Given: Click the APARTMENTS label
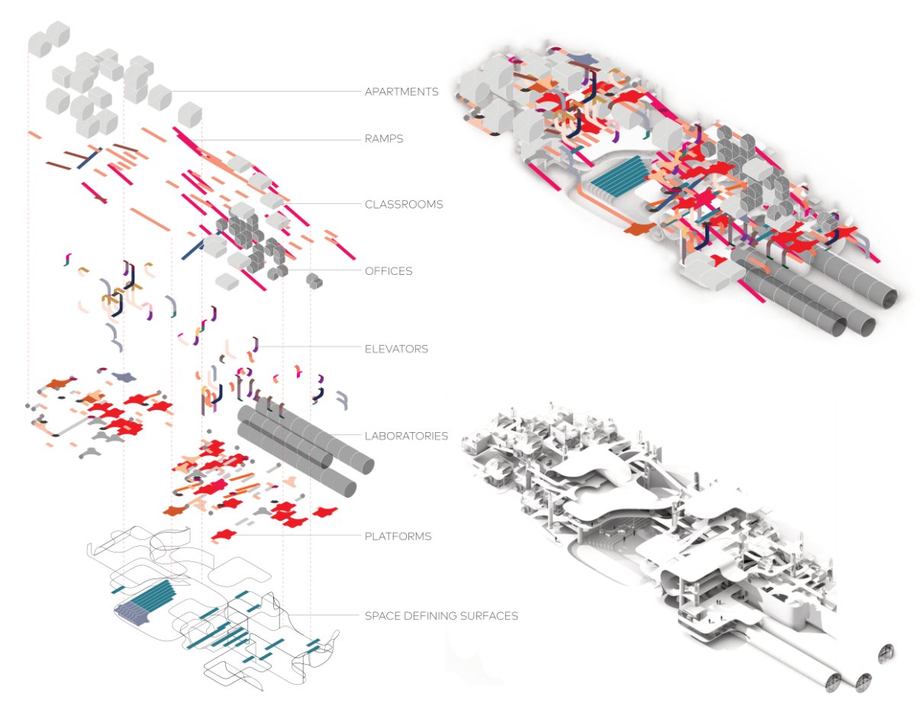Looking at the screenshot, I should [402, 92].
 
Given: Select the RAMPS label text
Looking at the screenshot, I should [383, 140].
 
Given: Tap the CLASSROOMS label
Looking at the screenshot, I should [404, 205].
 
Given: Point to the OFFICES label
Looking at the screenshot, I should [389, 271].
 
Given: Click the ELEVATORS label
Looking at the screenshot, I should [396, 349].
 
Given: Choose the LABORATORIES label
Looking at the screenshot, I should [406, 436].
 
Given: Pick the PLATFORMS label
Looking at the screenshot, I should [398, 536].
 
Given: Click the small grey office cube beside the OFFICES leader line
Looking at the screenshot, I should [314, 281].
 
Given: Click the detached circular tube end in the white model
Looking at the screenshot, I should [887, 653].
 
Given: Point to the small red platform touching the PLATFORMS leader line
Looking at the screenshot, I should [222, 535].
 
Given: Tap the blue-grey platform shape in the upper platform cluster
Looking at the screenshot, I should [121, 376].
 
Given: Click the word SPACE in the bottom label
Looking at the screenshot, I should [382, 615].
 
